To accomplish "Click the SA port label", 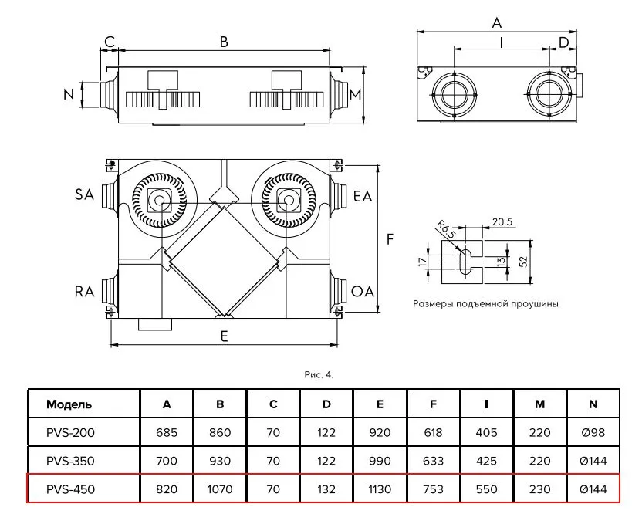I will point(84,195).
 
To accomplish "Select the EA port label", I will point(363,196).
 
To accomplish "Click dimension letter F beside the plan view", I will point(390,239).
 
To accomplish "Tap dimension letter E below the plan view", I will point(224,336).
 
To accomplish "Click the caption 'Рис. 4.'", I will point(319,375).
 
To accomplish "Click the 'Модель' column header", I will point(69,404).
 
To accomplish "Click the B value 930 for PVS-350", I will point(220,461).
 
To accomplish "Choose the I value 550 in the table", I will point(486,489).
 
